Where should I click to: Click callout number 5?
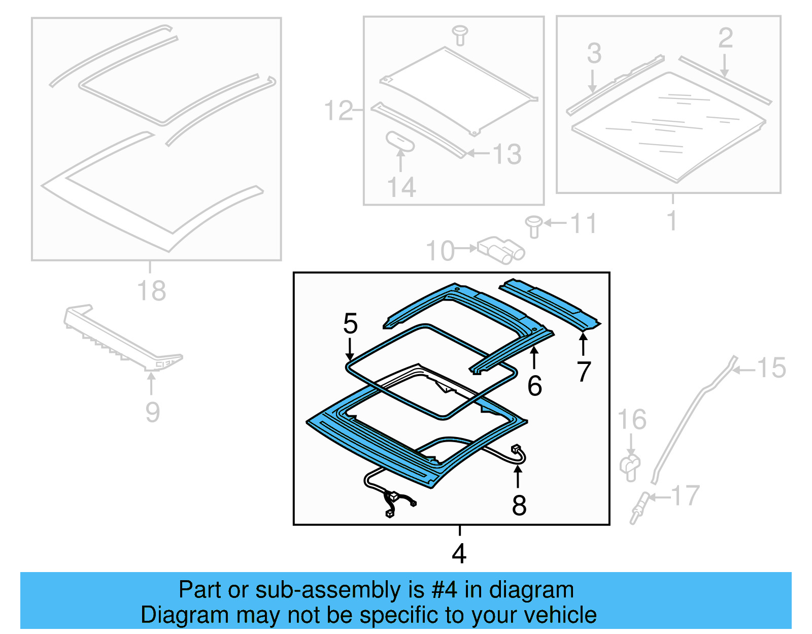tap(350, 323)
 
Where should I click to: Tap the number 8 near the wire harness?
tap(519, 505)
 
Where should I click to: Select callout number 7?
tap(584, 372)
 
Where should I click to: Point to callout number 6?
tap(534, 386)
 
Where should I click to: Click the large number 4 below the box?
tap(459, 553)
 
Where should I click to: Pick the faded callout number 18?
tap(151, 291)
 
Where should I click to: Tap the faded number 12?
tap(338, 111)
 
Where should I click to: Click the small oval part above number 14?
tap(400, 141)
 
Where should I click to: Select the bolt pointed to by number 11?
tap(533, 226)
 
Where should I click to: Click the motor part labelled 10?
tap(500, 249)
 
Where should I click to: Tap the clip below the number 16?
tap(630, 467)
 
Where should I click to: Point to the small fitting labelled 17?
tap(638, 508)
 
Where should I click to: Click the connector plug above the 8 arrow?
tap(516, 448)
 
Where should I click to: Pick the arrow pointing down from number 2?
tap(725, 66)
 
